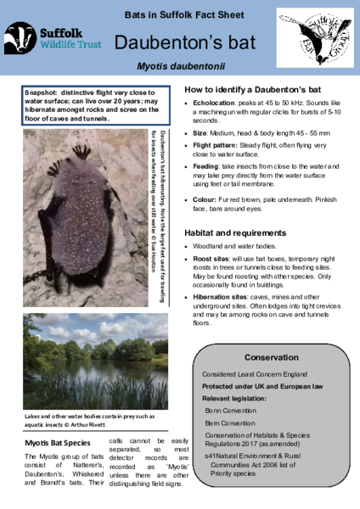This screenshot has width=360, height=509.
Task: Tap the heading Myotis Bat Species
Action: click(x=57, y=444)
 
